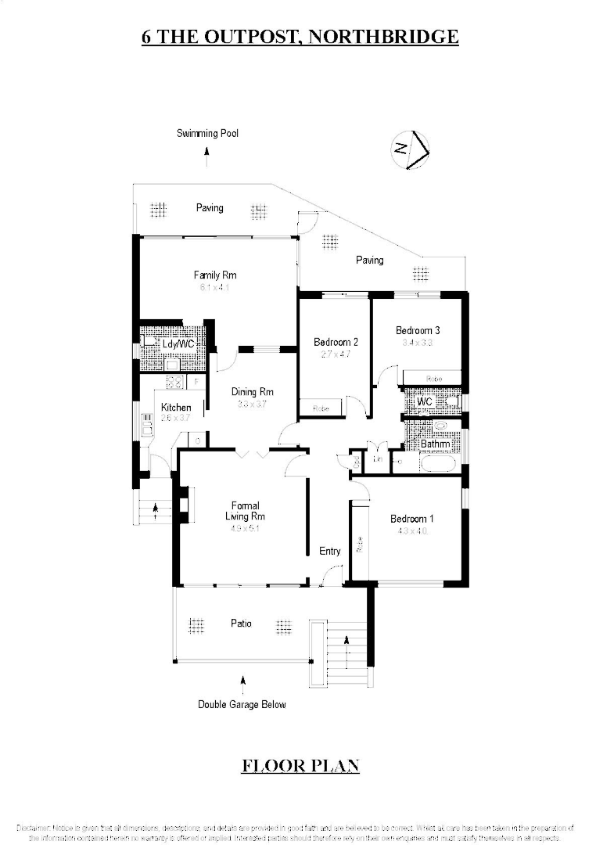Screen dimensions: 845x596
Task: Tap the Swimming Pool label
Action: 207,134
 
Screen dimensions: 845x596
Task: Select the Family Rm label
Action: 215,275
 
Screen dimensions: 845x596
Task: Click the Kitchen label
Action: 176,408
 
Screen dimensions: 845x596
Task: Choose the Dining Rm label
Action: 252,392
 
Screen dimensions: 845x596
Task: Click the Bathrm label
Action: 435,444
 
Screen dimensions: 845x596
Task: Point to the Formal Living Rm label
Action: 245,511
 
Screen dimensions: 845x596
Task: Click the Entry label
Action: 330,552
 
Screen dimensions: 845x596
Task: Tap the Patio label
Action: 241,624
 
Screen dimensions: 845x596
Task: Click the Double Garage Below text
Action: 242,704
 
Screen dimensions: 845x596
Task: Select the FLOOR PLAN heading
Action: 300,765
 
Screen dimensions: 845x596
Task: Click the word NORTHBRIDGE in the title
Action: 384,36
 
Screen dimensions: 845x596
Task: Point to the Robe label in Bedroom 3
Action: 433,379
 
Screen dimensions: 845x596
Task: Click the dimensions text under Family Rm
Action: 215,287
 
